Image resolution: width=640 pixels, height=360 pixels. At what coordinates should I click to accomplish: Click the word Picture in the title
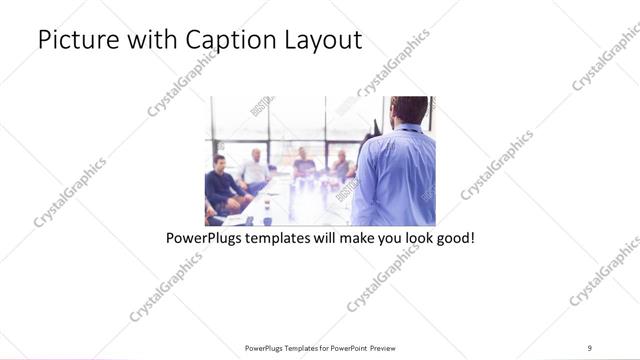click(74, 41)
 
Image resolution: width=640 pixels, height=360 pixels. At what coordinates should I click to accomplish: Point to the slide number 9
click(590, 347)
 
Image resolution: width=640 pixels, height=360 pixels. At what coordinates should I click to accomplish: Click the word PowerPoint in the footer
click(346, 348)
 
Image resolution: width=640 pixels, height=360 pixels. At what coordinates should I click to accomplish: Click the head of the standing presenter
click(408, 110)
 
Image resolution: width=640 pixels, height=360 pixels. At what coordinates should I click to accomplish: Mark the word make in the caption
click(348, 240)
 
